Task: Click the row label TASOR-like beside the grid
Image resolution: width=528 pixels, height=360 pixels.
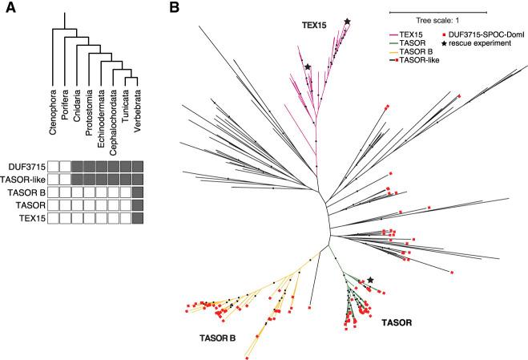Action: point(23,180)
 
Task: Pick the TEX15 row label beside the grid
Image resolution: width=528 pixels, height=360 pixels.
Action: point(30,218)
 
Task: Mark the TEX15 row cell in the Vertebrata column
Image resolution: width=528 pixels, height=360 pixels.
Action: point(139,218)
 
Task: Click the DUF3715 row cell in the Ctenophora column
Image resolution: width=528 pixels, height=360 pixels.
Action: point(54,167)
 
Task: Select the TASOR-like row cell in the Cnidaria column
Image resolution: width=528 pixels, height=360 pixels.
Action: point(78,180)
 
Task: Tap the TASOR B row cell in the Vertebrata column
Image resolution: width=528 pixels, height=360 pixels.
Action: point(139,192)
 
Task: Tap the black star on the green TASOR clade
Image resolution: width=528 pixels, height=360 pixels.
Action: point(370,280)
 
